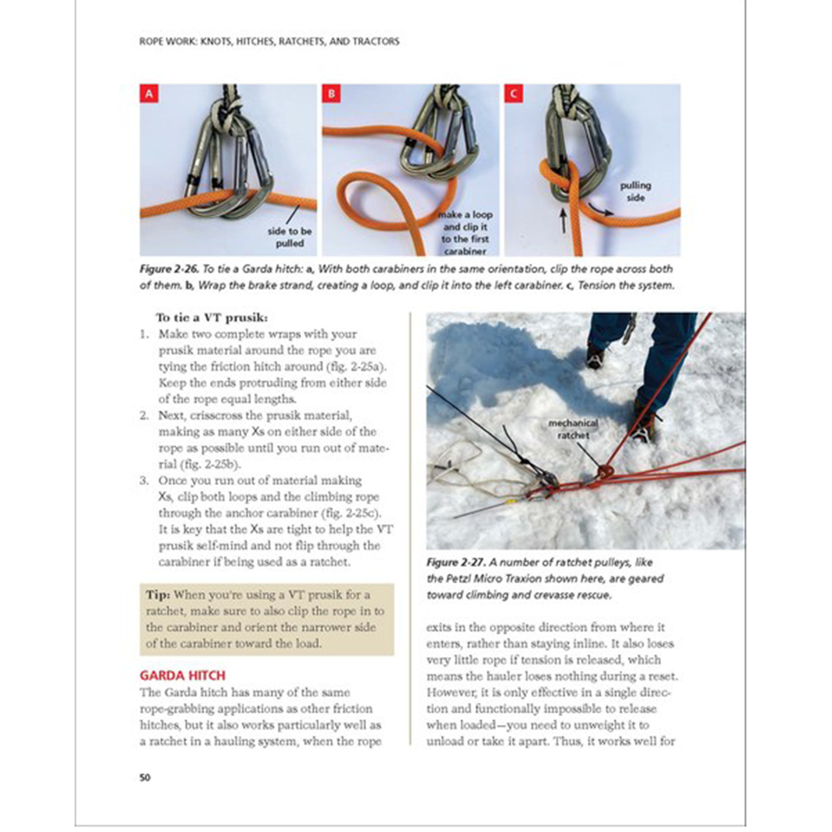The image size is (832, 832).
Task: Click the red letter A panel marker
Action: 149,94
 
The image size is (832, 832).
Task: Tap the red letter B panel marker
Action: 331,94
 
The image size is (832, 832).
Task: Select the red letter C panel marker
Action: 514,94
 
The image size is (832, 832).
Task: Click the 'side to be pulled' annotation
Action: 290,237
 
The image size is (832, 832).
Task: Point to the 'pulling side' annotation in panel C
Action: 635,192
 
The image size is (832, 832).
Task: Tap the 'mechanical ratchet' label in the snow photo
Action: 573,429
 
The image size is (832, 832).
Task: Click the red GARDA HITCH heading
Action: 182,675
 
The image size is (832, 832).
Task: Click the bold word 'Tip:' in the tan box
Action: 158,595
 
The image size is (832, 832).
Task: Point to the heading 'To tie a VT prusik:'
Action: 211,318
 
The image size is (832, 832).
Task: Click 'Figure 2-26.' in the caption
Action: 169,269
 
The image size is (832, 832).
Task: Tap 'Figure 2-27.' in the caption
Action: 456,562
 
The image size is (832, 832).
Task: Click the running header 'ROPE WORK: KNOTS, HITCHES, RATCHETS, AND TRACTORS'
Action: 269,42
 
